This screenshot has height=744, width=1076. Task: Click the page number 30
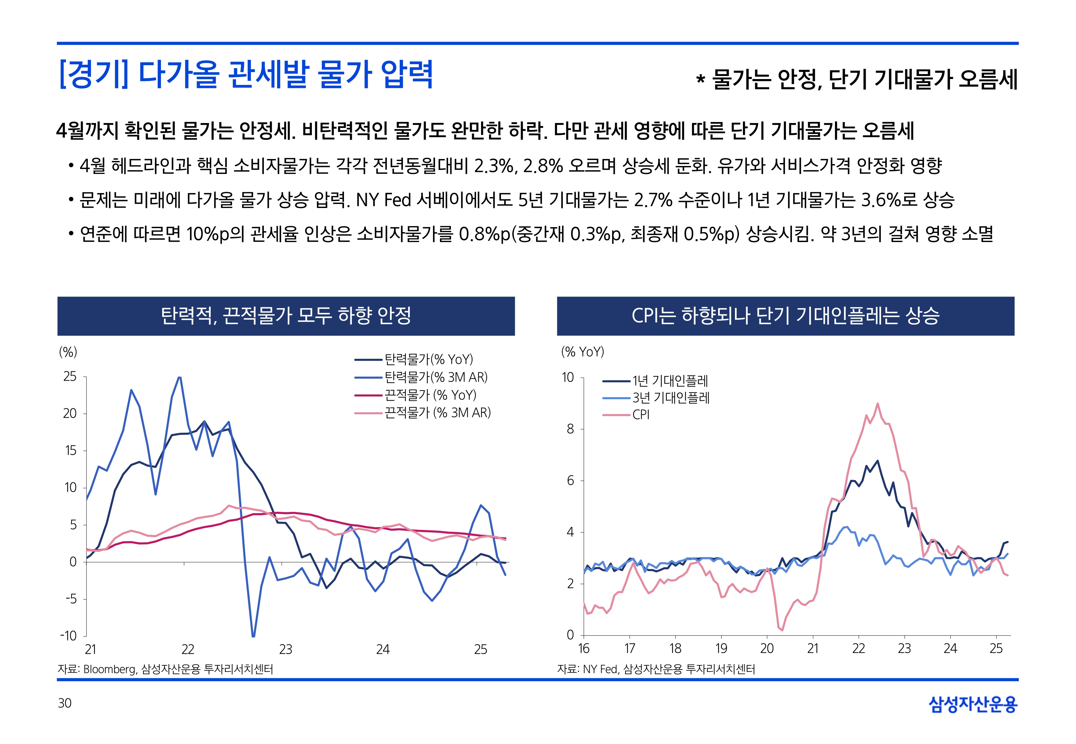tap(65, 703)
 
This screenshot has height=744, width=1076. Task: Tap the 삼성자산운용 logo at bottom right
tap(973, 704)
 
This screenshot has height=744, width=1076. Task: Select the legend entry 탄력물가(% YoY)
tap(428, 359)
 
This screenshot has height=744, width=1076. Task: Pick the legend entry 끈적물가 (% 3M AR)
tap(437, 413)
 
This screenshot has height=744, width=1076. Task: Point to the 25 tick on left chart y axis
tap(70, 377)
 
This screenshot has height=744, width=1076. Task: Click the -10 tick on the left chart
tap(69, 636)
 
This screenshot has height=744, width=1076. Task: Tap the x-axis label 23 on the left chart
tap(286, 649)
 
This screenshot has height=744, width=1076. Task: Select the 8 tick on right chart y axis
tap(570, 429)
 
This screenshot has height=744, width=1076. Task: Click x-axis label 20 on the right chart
tap(767, 648)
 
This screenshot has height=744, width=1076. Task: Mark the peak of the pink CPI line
tap(878, 404)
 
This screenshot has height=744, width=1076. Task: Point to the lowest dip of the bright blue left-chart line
tap(253, 636)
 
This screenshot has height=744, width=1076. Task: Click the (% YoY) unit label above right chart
tap(582, 352)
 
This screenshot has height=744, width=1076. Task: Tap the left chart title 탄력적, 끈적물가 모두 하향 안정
tap(286, 315)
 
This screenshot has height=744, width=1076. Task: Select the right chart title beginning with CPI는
tap(785, 315)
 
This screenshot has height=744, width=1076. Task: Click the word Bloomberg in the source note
tap(110, 669)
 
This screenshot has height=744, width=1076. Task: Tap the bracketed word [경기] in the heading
tap(93, 75)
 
